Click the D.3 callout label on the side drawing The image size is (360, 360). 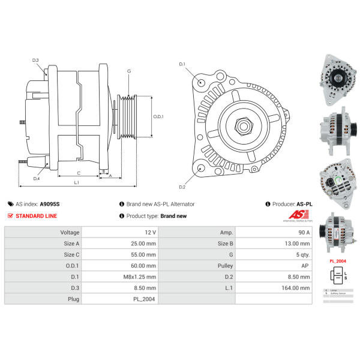point(35,60)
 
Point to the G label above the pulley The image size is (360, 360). point(128,71)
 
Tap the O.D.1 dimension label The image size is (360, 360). point(158,116)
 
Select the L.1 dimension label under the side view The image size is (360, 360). point(77,182)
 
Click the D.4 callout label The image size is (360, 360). point(37,178)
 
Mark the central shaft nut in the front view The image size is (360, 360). point(244,125)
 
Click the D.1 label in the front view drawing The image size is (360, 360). point(182,64)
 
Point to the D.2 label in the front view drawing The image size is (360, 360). point(182,187)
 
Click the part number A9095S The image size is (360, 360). point(50,204)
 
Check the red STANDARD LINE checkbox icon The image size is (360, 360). point(10,216)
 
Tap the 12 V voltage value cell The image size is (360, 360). point(150,232)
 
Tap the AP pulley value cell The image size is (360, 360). point(305,265)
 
